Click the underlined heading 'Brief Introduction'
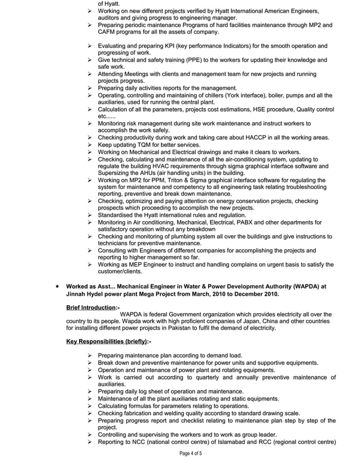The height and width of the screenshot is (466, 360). click(90, 308)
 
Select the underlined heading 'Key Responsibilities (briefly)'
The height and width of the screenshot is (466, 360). click(106, 341)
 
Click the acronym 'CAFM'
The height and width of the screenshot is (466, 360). click(107, 32)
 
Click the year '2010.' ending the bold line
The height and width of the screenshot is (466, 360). click(268, 294)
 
